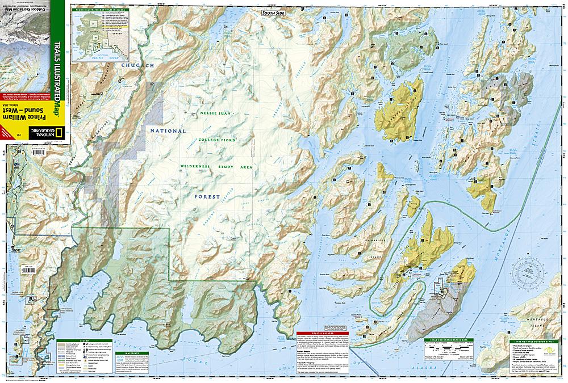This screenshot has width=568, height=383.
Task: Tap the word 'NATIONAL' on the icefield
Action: (x=166, y=131)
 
